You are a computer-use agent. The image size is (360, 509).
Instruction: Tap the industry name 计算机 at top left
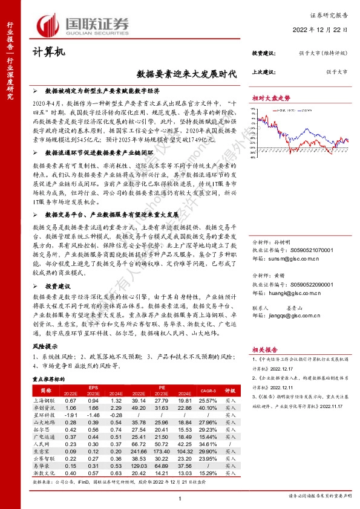[x=47, y=53]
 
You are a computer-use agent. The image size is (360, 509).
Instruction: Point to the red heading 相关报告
[x=264, y=349]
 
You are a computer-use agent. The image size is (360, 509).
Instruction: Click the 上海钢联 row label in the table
[x=44, y=400]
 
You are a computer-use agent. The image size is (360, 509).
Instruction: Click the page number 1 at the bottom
[x=180, y=498]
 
